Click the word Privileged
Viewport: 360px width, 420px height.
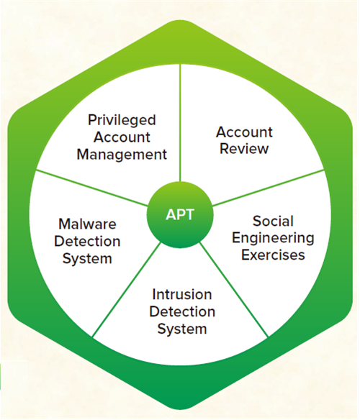point(122,121)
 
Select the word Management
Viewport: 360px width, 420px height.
point(122,155)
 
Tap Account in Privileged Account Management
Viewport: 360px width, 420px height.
point(122,137)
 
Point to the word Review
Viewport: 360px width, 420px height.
point(244,149)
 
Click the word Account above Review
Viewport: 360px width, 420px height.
point(244,132)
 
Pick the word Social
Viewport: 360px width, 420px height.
point(273,221)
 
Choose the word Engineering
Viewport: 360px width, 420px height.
point(273,238)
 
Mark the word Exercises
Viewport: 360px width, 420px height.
point(273,255)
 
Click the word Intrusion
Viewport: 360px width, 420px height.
point(182,294)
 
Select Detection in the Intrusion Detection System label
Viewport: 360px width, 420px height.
point(182,311)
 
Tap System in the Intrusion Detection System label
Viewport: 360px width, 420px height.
point(182,329)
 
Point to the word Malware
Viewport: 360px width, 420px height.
point(87,224)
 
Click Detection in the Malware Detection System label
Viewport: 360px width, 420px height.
point(87,241)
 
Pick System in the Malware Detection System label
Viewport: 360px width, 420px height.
point(87,259)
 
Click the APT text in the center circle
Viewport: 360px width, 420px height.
point(180,214)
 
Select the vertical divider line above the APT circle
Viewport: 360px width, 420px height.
point(180,123)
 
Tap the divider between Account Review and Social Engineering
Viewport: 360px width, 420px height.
point(269,188)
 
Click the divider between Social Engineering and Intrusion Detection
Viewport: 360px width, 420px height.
point(234,289)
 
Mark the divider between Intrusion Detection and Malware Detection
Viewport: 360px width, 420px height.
point(127,289)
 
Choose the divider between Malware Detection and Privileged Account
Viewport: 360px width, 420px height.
point(91,188)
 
